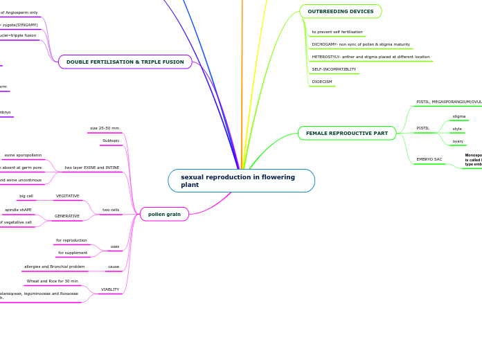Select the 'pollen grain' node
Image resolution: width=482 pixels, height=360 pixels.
tap(164, 215)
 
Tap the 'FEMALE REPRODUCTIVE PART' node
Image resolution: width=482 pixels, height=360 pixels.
tap(347, 133)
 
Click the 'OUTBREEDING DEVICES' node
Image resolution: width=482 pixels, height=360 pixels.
tap(341, 12)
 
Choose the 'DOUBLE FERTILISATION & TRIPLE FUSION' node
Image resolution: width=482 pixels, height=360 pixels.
tap(125, 62)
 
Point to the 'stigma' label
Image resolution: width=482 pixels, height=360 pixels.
tap(459, 116)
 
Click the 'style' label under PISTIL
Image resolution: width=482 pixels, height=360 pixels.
tap(457, 129)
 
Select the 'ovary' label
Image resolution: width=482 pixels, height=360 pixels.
tap(458, 141)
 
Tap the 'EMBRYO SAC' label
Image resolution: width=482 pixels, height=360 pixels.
tap(429, 159)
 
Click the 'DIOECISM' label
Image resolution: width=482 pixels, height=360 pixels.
tap(322, 82)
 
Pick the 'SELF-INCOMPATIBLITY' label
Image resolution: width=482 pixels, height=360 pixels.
tap(334, 69)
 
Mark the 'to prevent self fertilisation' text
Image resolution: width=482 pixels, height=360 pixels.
tap(337, 32)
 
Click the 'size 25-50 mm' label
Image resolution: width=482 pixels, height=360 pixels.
tap(105, 128)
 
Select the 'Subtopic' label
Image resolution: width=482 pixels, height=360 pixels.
tap(111, 141)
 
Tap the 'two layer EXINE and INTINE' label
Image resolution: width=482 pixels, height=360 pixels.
tap(92, 168)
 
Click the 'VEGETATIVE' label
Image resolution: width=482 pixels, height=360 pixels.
tap(68, 196)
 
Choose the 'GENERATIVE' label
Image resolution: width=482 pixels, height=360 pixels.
tap(67, 216)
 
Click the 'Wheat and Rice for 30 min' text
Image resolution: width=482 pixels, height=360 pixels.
tap(53, 281)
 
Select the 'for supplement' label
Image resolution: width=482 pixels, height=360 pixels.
tap(73, 253)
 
